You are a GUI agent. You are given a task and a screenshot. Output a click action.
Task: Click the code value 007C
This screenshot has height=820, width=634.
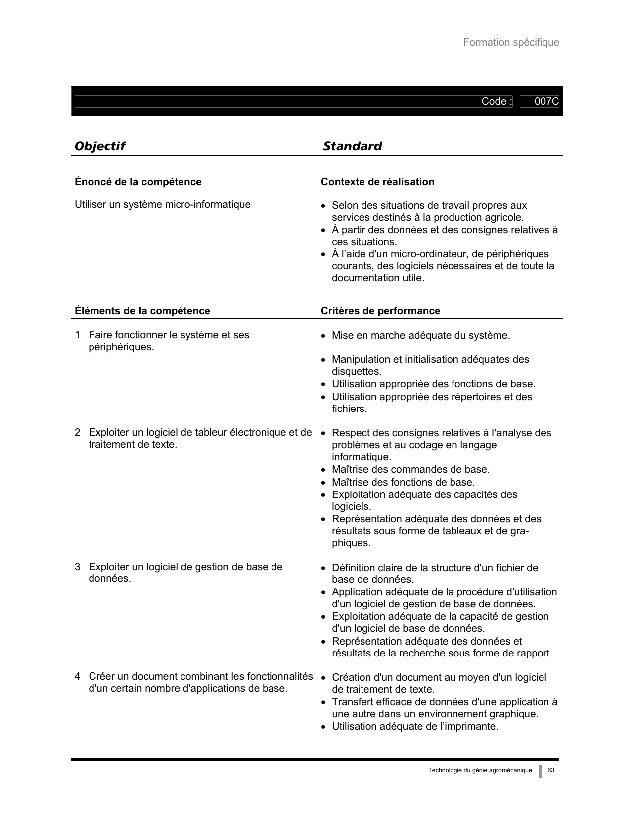click(546, 102)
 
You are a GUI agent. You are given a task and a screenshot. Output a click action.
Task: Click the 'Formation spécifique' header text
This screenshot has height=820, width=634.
click(511, 43)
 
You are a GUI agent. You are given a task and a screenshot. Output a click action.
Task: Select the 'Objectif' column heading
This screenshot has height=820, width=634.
click(99, 146)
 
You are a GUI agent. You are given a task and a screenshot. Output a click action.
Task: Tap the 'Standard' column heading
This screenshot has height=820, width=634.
click(352, 146)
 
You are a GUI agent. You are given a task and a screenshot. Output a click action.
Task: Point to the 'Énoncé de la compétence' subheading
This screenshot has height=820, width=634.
click(138, 182)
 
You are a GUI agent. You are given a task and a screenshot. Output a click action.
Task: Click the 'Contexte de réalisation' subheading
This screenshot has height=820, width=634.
click(377, 182)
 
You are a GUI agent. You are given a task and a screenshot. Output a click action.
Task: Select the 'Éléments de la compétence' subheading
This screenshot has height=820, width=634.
click(142, 311)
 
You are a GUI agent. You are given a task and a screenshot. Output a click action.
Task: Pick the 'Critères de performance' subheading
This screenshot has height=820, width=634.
click(380, 311)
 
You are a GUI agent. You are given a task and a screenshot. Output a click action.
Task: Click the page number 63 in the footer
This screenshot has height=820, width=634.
click(551, 770)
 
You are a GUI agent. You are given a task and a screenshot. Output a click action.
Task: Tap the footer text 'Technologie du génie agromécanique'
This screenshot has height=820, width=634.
click(480, 770)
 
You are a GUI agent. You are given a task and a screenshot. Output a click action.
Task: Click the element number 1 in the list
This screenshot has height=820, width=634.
click(78, 335)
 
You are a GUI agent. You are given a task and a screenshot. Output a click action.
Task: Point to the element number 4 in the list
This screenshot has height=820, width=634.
click(78, 677)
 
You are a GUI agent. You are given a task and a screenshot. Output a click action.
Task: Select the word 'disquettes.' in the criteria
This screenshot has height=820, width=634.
click(357, 372)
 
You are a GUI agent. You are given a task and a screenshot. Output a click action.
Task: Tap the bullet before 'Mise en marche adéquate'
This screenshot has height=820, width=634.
click(324, 336)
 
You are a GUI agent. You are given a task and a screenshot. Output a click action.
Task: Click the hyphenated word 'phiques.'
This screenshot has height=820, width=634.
click(351, 543)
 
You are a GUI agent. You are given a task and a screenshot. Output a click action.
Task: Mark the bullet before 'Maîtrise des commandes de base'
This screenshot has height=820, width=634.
click(324, 470)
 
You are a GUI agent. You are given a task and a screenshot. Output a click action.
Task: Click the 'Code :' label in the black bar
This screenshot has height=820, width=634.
click(496, 102)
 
